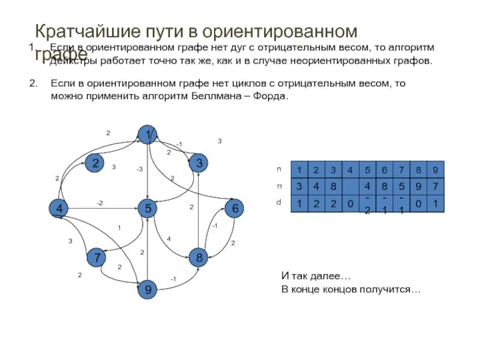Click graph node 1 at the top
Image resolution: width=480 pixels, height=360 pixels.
click(x=147, y=135)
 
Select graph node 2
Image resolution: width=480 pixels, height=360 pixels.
click(x=95, y=163)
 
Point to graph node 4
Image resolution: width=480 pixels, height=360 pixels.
click(x=59, y=208)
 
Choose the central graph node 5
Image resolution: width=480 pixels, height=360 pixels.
click(x=147, y=208)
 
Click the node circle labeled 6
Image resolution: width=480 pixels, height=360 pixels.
click(x=235, y=208)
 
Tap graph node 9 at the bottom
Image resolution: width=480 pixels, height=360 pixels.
click(x=147, y=290)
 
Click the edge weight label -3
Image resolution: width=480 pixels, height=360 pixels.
click(x=139, y=170)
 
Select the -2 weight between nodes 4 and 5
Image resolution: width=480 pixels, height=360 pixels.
click(x=100, y=203)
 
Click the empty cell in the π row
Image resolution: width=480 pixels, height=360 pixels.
click(x=350, y=186)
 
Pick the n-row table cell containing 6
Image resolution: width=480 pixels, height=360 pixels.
click(x=384, y=169)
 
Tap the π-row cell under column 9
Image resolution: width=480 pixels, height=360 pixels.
click(x=436, y=186)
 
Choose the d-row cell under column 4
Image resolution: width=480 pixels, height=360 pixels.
click(x=350, y=203)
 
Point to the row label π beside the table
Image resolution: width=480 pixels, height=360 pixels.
click(x=278, y=186)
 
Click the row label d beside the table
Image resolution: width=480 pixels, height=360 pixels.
click(x=278, y=203)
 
